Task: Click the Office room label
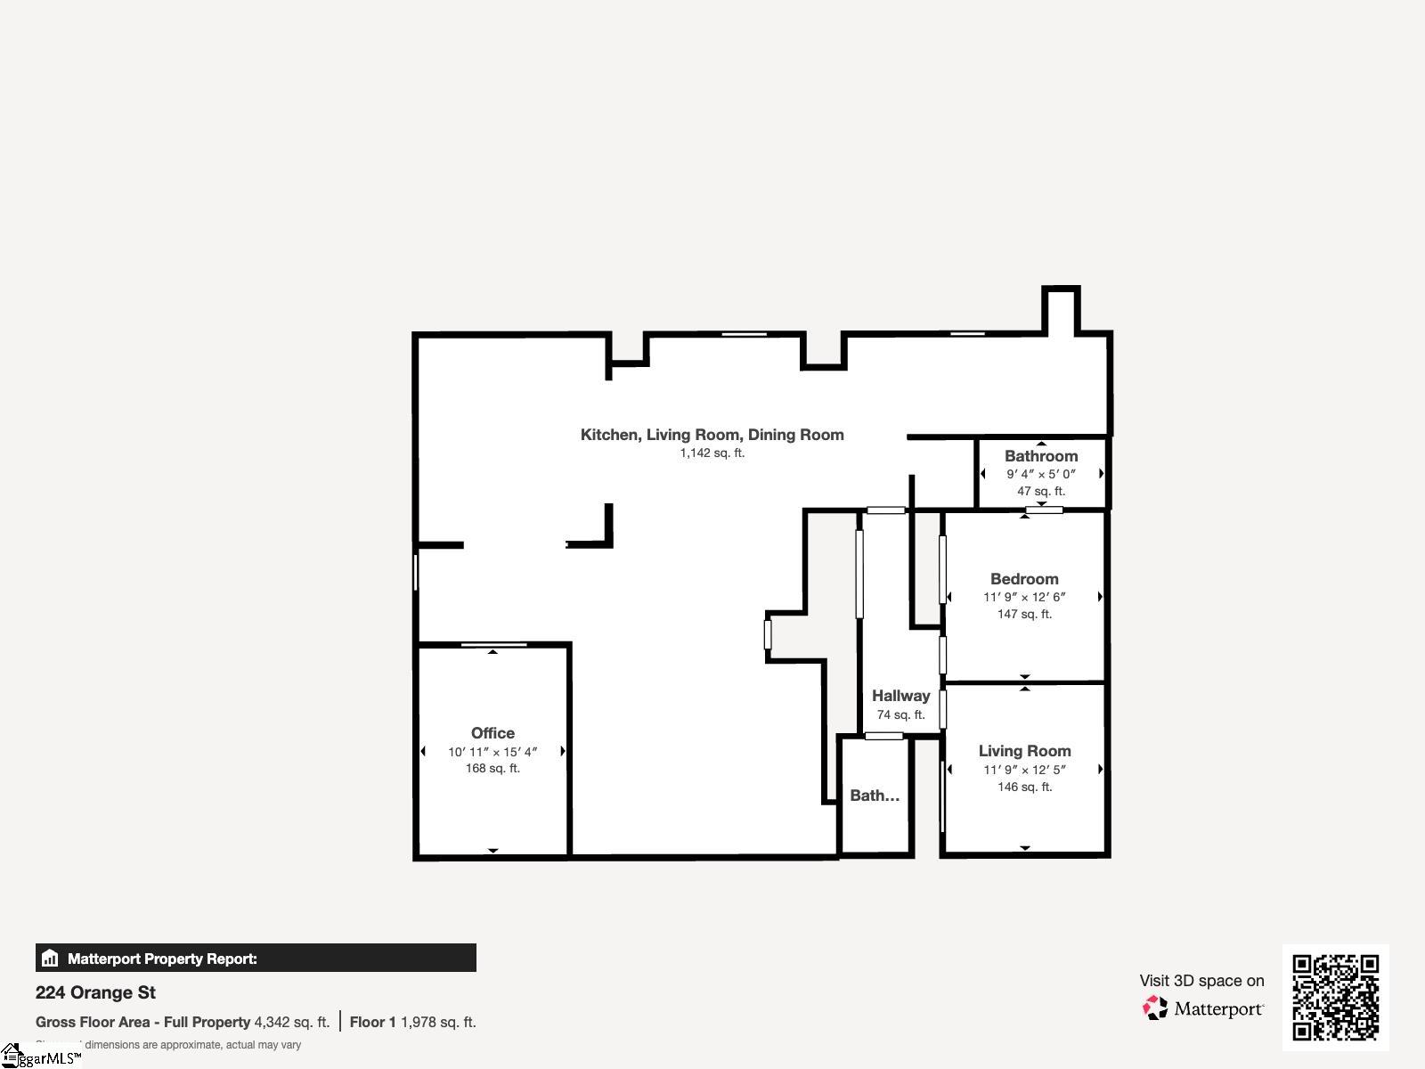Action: [x=493, y=733]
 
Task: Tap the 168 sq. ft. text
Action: [x=493, y=768]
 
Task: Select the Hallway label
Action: [x=900, y=696]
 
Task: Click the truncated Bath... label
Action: [x=874, y=796]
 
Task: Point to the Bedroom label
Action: [x=1024, y=579]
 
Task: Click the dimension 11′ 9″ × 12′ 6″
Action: [x=1024, y=597]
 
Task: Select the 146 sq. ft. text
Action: [x=1024, y=787]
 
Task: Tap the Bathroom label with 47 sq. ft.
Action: [x=1041, y=456]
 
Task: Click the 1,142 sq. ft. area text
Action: [x=712, y=453]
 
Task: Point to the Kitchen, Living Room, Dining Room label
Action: [x=712, y=435]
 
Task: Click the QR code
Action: [x=1335, y=997]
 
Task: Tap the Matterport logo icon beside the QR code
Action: [x=1155, y=1008]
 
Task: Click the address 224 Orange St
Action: [x=95, y=992]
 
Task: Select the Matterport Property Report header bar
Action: [x=256, y=959]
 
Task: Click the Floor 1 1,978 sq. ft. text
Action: [x=412, y=1022]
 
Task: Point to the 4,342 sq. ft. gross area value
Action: [x=291, y=1022]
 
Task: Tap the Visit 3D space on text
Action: [x=1201, y=980]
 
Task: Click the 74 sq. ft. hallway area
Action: [x=900, y=714]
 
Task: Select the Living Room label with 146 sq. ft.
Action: [x=1024, y=751]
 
